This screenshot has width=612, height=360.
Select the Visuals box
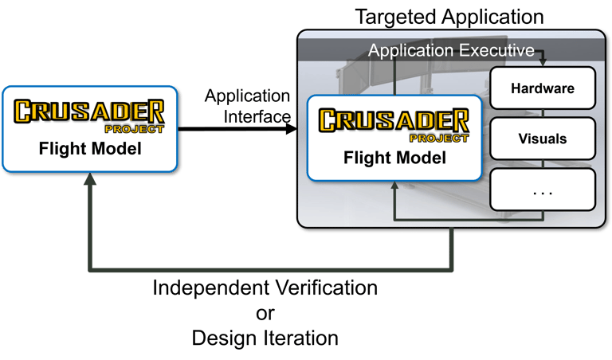(543, 139)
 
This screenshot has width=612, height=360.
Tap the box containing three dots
(543, 191)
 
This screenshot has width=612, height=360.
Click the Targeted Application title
(449, 16)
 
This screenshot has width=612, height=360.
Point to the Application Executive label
(451, 51)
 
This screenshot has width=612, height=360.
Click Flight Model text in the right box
(394, 157)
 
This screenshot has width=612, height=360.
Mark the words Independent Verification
(265, 287)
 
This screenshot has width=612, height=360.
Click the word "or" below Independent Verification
(265, 312)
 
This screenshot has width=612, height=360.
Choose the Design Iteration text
(265, 338)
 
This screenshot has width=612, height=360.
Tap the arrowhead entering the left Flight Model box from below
(91, 181)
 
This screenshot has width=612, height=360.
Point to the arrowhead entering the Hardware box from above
(543, 63)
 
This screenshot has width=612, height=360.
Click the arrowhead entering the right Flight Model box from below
(395, 186)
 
